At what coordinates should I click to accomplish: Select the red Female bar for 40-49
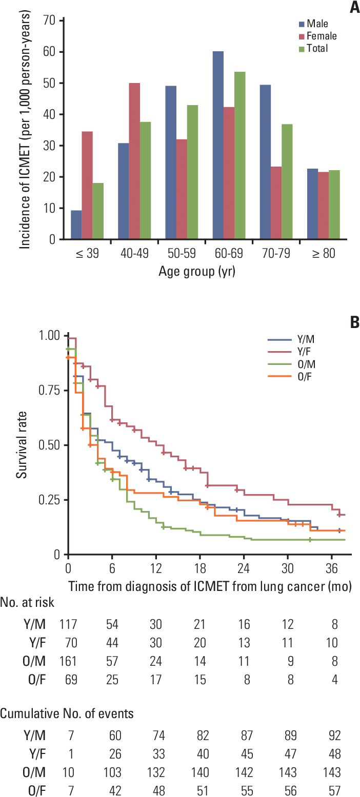134,161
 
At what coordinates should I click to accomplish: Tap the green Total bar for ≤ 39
97,211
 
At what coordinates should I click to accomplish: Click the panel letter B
354,323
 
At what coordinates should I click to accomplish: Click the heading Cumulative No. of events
67,714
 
